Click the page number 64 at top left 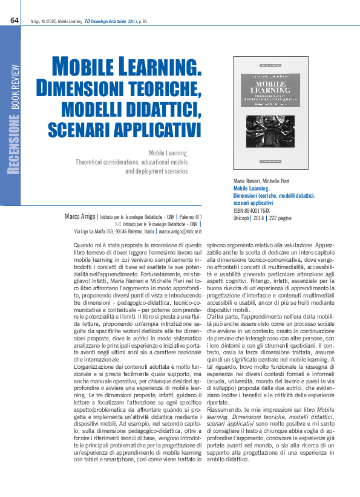pos(15,21)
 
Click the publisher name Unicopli pos(242,217)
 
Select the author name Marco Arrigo pos(80,216)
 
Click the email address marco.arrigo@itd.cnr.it pos(180,231)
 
